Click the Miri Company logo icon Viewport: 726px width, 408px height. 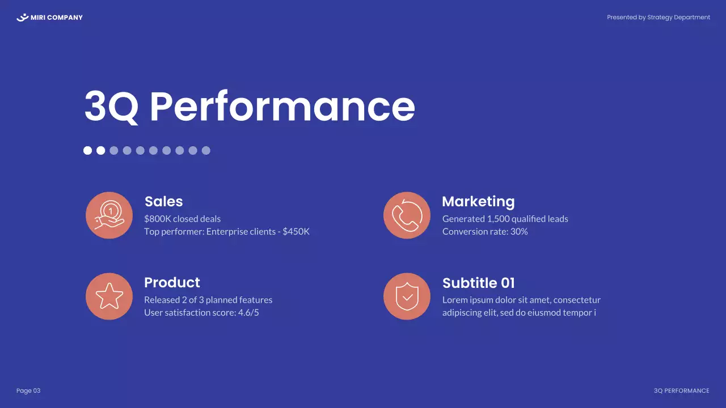click(23, 18)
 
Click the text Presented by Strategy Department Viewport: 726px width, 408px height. click(659, 18)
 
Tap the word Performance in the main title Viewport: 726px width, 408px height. click(282, 106)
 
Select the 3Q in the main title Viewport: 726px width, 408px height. click(111, 106)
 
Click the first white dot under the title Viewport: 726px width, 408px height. click(88, 150)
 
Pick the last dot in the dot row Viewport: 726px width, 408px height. click(206, 150)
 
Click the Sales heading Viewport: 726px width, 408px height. click(163, 201)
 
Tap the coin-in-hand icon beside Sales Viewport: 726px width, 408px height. click(109, 215)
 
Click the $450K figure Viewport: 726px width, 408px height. click(296, 231)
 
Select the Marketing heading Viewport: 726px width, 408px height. click(478, 201)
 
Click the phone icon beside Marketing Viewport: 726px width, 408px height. click(407, 215)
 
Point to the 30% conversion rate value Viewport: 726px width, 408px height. click(519, 231)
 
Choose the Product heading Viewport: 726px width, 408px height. click(172, 282)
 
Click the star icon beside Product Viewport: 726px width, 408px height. click(109, 296)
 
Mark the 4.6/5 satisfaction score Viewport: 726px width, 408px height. click(248, 312)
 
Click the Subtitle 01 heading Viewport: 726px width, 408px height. click(478, 283)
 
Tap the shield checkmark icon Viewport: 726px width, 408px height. click(407, 296)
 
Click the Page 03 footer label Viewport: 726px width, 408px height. click(28, 391)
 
